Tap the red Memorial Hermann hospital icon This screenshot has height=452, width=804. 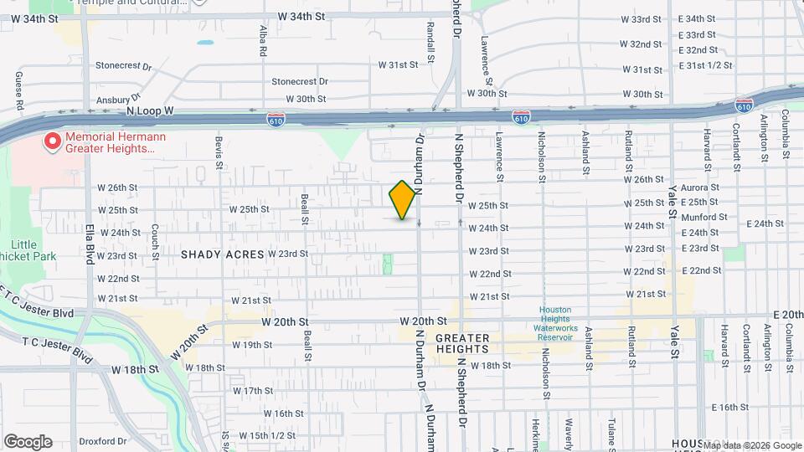(x=53, y=141)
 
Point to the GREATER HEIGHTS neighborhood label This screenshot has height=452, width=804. (x=461, y=342)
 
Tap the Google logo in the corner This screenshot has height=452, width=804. (x=28, y=442)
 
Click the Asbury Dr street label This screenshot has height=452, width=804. (x=116, y=100)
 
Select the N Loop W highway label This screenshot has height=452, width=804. (x=150, y=110)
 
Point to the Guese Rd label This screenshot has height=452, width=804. (x=18, y=91)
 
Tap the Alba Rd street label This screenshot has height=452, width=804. (x=263, y=39)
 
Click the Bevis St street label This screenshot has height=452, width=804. (x=219, y=151)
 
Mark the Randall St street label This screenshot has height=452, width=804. (x=430, y=42)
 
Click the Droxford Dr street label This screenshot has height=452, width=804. (x=100, y=441)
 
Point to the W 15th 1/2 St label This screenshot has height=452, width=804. (x=267, y=435)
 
